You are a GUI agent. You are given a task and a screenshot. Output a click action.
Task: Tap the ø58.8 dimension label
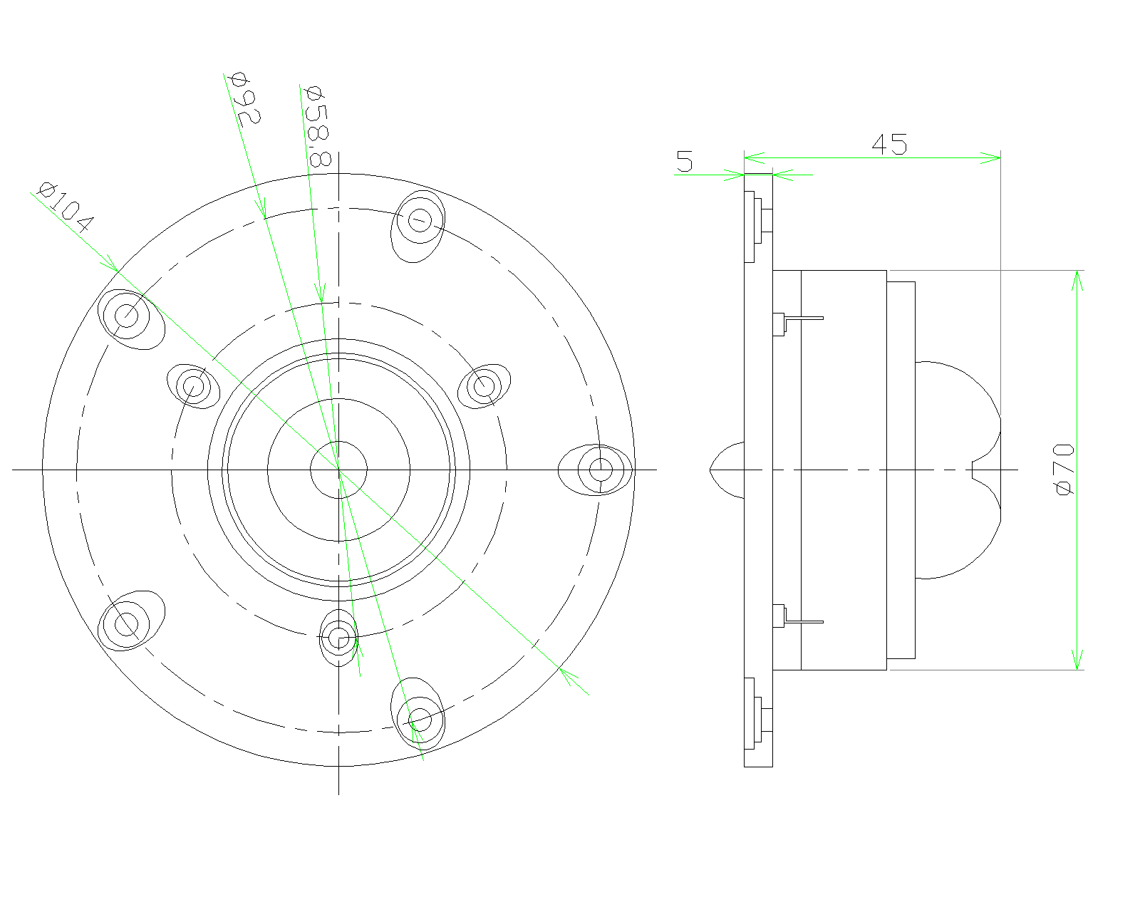[316, 125]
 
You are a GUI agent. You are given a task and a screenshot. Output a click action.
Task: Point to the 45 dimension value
[889, 145]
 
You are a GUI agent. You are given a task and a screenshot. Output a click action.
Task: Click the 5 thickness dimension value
[684, 162]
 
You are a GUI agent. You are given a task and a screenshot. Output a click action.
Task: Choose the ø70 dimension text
[1064, 469]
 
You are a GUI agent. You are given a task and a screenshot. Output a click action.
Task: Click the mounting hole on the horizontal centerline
[600, 470]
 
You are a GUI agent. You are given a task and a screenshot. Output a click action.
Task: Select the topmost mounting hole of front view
[419, 219]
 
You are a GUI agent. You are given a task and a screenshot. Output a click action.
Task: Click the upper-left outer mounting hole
[126, 314]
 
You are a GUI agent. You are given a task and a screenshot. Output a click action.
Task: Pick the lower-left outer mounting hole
[126, 625]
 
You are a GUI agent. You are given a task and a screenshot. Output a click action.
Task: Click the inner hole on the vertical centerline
[339, 638]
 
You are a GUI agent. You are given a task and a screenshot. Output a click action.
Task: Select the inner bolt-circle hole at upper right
[484, 387]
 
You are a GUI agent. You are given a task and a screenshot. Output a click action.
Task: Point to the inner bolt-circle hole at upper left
[193, 387]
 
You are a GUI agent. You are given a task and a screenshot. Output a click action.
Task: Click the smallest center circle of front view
[338, 470]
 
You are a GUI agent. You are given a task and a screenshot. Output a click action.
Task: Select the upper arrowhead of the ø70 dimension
[1077, 281]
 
